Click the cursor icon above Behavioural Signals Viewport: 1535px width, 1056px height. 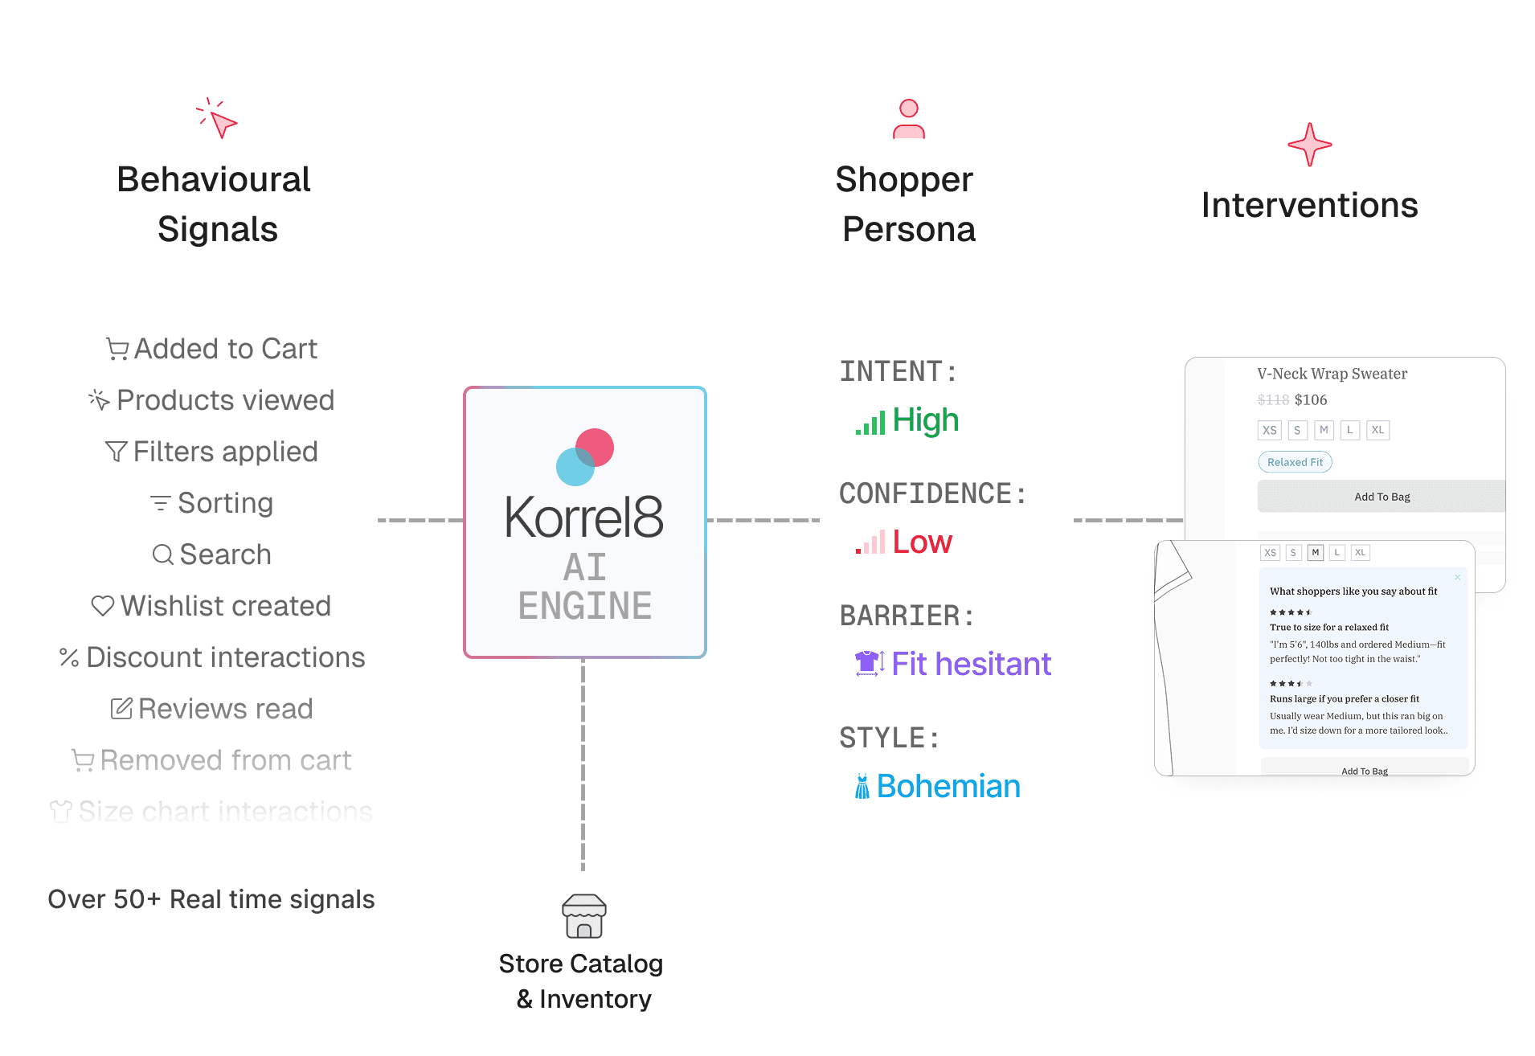pos(218,119)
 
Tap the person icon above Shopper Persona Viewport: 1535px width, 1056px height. pos(909,119)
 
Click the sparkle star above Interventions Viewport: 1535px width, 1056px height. pos(1309,145)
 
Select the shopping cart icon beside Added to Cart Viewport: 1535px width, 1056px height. pos(117,349)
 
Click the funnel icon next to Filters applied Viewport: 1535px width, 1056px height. pos(117,452)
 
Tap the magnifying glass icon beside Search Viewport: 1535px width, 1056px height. pos(163,555)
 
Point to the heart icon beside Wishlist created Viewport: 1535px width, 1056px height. pos(103,606)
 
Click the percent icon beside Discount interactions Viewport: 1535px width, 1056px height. pos(69,657)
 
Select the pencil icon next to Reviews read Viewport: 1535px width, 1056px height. pos(121,709)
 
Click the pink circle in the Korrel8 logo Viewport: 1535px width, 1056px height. pos(596,448)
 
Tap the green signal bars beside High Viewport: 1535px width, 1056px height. pos(870,422)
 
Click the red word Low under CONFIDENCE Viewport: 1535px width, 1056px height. pos(922,542)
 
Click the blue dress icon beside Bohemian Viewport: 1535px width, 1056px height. pos(862,786)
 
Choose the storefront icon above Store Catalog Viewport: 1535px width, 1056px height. pos(584,916)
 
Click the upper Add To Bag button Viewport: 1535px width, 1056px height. pos(1381,497)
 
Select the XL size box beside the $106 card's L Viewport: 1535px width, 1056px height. pos(1377,430)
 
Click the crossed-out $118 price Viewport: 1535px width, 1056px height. pos(1273,400)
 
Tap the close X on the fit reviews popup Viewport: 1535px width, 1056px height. pos(1457,577)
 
